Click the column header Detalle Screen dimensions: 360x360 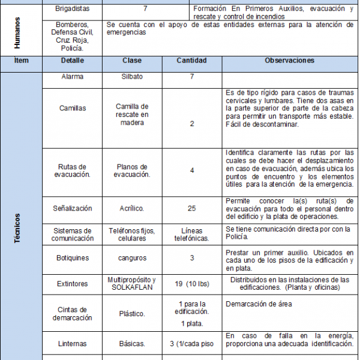pos(72,61)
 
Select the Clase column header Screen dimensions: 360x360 pos(132,61)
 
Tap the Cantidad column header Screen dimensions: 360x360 pos(192,61)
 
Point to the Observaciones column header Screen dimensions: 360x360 pos(289,61)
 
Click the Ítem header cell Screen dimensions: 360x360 pos(21,61)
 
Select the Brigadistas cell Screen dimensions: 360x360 pos(72,10)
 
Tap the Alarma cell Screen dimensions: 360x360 pos(72,77)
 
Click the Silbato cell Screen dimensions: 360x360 pos(132,77)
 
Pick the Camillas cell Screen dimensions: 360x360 pos(72,109)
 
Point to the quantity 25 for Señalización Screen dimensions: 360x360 pos(192,208)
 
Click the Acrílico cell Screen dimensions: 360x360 pos(132,208)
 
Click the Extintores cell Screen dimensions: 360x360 pos(72,284)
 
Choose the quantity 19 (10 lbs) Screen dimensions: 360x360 pos(192,284)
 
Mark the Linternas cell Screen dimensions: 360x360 pos(72,344)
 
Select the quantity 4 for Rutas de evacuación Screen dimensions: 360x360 pos(192,170)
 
